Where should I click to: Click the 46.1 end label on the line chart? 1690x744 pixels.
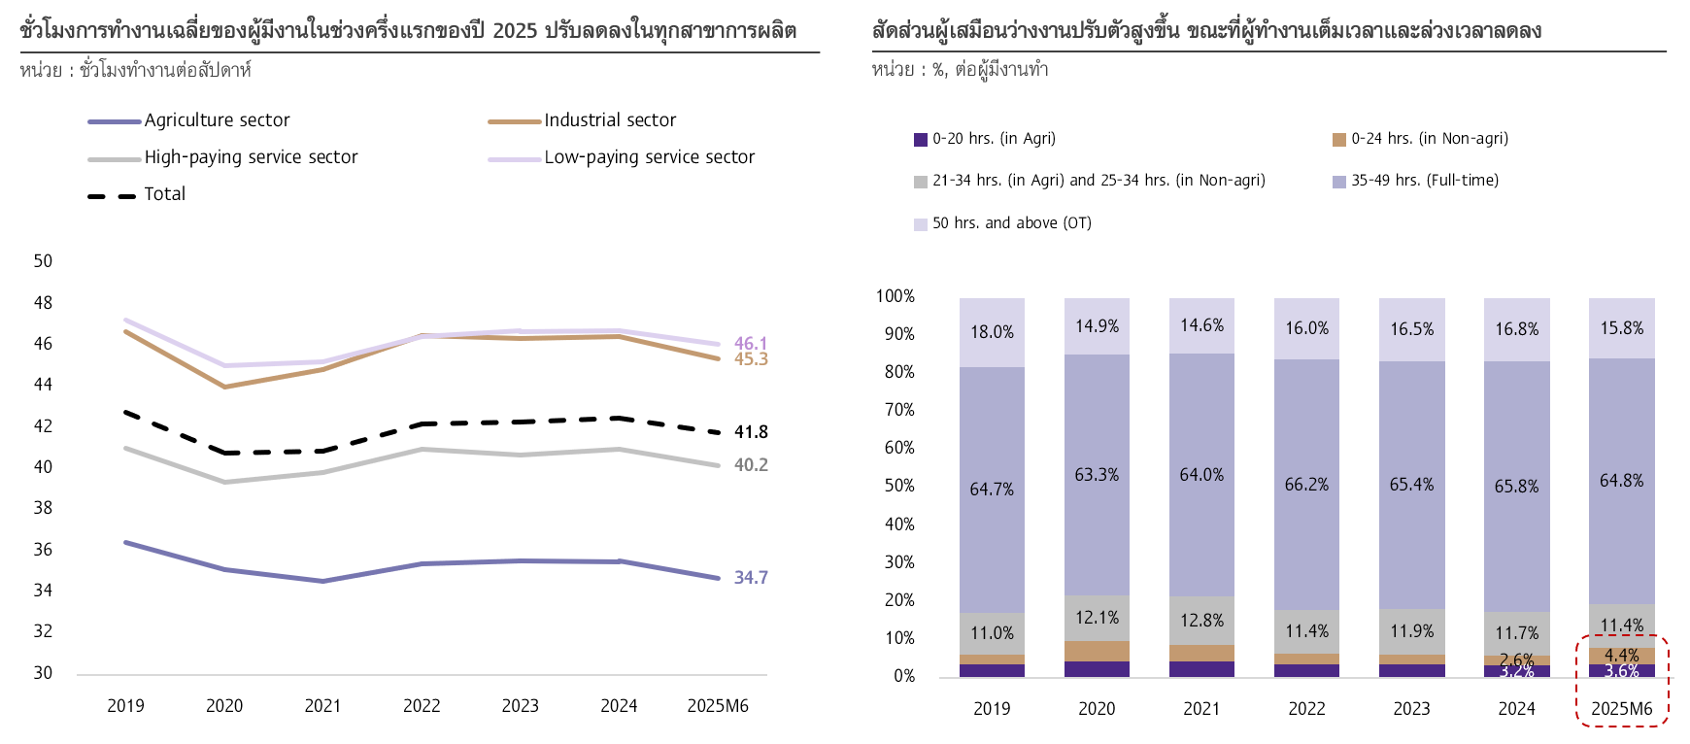tap(751, 343)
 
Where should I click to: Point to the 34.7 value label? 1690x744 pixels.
tap(751, 578)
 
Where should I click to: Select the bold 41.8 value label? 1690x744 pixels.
tap(751, 432)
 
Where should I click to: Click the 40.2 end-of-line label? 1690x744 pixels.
tap(751, 465)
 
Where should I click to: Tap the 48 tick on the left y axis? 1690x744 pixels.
tap(43, 303)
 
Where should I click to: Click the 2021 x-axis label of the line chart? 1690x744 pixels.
tap(322, 706)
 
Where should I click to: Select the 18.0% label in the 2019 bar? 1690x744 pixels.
tap(992, 332)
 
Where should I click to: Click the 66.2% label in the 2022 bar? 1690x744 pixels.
tap(1306, 485)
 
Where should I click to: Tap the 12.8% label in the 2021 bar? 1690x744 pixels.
tap(1201, 621)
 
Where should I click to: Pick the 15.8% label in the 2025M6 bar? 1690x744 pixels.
tap(1621, 328)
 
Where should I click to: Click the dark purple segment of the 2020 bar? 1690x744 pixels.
tap(1097, 669)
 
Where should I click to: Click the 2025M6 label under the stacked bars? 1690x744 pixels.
tap(1621, 709)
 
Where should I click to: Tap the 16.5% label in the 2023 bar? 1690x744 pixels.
tap(1411, 329)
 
